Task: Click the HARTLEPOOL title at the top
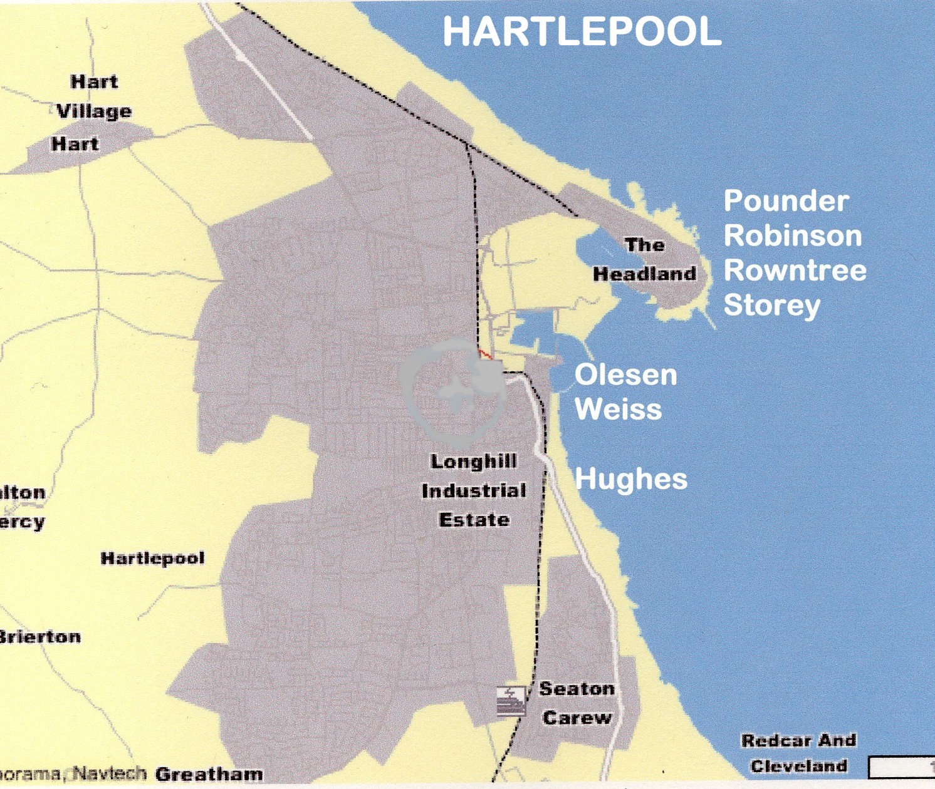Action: (x=582, y=31)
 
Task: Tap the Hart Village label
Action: (x=94, y=96)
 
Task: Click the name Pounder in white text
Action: (x=786, y=201)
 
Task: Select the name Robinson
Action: (x=793, y=236)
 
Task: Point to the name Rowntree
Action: (x=795, y=271)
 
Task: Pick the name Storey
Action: (x=771, y=306)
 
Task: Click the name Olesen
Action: (x=625, y=375)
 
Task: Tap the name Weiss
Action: (x=618, y=410)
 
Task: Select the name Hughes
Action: (x=630, y=479)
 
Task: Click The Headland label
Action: (x=644, y=259)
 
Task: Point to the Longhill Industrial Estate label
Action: (x=474, y=490)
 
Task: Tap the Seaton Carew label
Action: (x=577, y=703)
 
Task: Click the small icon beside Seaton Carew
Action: (x=511, y=700)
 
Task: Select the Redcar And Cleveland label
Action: (x=798, y=753)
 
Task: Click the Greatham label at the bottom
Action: (x=209, y=775)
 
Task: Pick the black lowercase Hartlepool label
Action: (x=152, y=558)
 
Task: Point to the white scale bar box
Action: (x=901, y=767)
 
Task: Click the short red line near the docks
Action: (x=484, y=354)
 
